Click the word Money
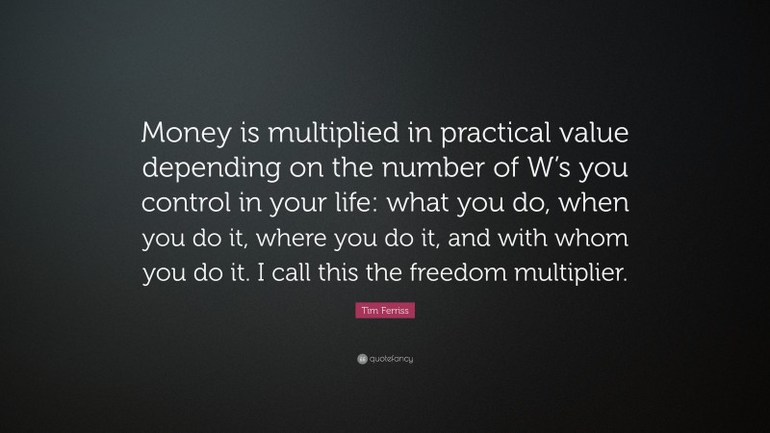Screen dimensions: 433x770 coord(179,132)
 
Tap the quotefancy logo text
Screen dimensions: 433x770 coord(390,359)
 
